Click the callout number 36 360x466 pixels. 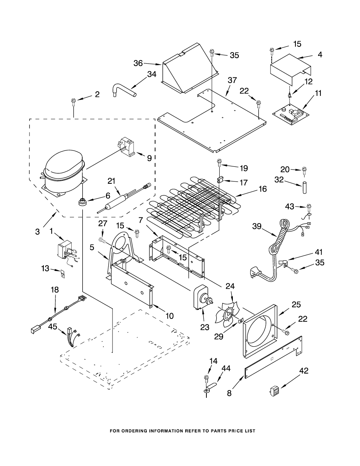coord(138,63)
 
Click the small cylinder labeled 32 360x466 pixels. coord(304,188)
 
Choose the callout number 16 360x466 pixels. coord(263,189)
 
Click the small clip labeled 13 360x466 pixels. coord(62,274)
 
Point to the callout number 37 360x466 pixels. coord(232,80)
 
